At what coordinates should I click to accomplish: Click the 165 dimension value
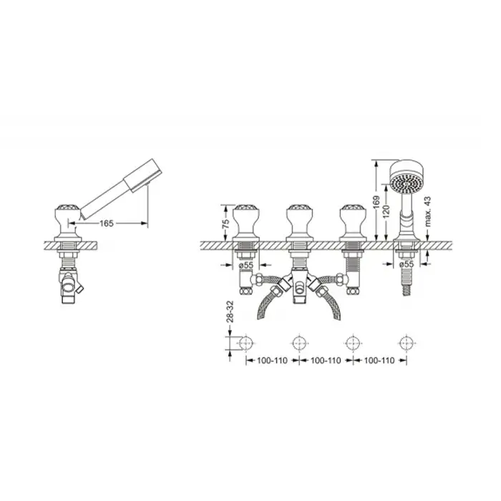[x=107, y=223]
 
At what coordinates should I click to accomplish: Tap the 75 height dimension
[x=225, y=223]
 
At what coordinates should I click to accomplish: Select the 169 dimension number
[x=376, y=202]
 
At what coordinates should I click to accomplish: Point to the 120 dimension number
[x=386, y=211]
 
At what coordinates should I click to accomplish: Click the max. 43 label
[x=428, y=212]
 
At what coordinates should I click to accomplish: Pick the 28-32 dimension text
[x=230, y=311]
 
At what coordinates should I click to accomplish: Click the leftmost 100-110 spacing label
[x=273, y=361]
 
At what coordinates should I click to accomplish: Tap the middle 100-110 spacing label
[x=326, y=361]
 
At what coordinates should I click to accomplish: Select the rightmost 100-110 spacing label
[x=379, y=361]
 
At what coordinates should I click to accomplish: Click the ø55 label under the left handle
[x=246, y=265]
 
